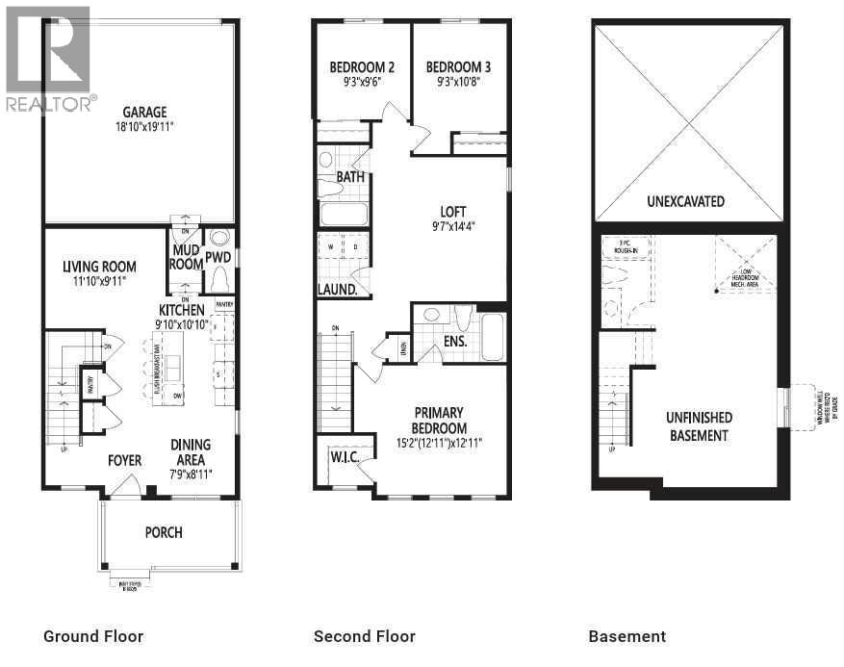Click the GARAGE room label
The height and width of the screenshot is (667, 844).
tap(144, 112)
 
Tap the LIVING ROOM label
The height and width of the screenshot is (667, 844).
tap(99, 267)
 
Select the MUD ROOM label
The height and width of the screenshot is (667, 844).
tap(186, 257)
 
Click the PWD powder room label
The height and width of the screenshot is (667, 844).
tap(218, 258)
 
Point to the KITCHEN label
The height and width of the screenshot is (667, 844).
tap(181, 310)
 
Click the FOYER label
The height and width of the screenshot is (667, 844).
tap(124, 460)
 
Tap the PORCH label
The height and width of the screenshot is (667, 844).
tap(164, 532)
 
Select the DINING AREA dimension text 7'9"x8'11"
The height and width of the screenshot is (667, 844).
tap(191, 474)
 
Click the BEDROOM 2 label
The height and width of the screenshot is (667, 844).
tap(362, 67)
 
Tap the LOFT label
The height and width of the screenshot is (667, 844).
tap(452, 213)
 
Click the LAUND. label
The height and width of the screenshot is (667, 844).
tap(339, 289)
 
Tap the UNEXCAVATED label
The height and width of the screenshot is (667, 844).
tap(685, 202)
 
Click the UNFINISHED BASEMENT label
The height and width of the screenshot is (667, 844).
tap(699, 426)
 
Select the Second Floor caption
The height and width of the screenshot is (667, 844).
tap(365, 636)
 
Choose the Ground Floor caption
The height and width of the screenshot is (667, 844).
tap(93, 636)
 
